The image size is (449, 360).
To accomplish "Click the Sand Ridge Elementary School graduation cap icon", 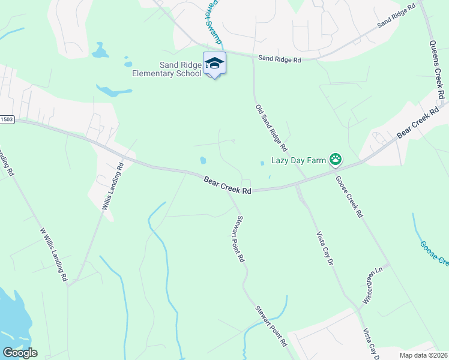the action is click(x=214, y=62).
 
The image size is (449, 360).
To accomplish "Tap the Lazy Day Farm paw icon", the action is click(x=336, y=160).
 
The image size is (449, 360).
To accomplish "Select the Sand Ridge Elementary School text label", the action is click(x=167, y=69).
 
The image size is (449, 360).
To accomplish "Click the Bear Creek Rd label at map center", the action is click(x=227, y=185).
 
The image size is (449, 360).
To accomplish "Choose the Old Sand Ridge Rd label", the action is click(x=271, y=128).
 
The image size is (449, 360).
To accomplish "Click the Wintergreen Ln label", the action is click(x=372, y=285).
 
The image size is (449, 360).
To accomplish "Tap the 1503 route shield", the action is click(x=6, y=119).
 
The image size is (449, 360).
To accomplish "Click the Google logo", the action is click(x=20, y=353).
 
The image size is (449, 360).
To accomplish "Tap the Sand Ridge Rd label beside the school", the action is click(x=279, y=59).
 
